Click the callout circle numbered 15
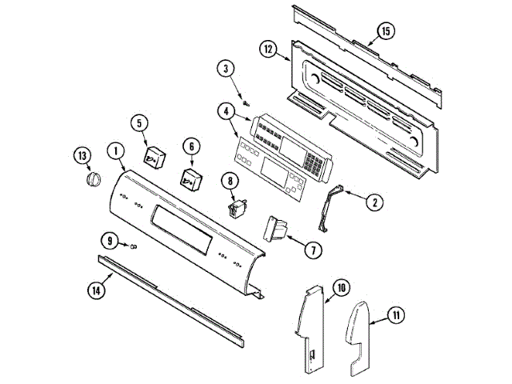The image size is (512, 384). point(385,31)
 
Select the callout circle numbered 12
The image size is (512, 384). point(269,49)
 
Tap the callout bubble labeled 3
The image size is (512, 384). point(226,70)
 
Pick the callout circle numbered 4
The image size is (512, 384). point(226,112)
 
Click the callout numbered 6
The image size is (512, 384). point(191,146)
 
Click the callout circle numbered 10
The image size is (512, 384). point(341,286)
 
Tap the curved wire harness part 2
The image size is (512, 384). point(329,208)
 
